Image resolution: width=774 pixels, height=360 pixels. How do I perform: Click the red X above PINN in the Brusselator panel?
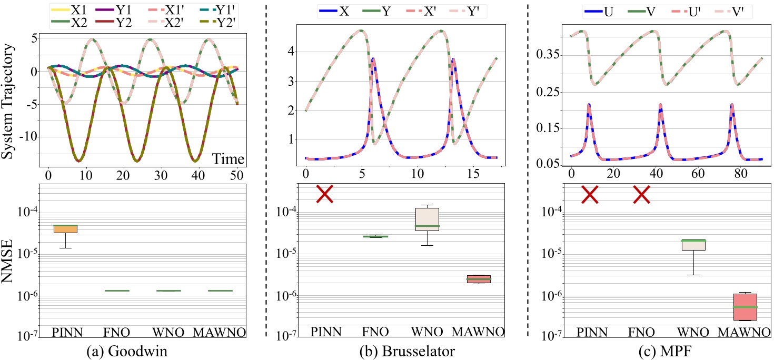point(324,194)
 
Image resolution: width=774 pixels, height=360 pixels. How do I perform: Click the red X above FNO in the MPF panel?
point(641,195)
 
